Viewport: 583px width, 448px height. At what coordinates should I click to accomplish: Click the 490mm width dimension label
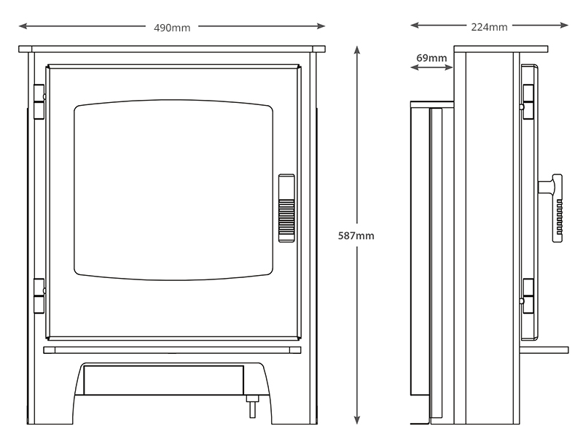click(x=172, y=28)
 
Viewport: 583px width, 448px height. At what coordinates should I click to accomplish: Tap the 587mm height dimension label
click(x=356, y=236)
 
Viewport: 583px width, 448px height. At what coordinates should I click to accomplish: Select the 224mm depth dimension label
click(x=489, y=27)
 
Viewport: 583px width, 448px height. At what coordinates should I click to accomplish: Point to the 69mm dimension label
click(x=431, y=58)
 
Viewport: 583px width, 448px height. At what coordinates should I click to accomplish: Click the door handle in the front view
click(x=286, y=208)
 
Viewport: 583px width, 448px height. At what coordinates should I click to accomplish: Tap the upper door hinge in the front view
click(x=39, y=101)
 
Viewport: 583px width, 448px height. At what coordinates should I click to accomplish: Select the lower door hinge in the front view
click(x=39, y=296)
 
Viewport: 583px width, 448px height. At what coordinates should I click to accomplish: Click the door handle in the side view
click(x=552, y=207)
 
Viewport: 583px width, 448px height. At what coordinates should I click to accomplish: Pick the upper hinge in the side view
click(x=527, y=101)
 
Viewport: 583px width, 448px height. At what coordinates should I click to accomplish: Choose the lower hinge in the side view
click(x=527, y=296)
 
